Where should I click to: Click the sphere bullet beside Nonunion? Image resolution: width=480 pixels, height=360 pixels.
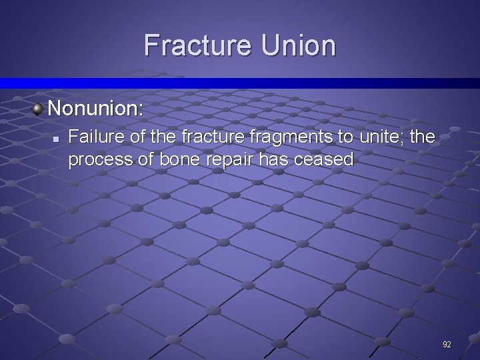[37, 107]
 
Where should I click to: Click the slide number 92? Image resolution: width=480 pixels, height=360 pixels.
[447, 345]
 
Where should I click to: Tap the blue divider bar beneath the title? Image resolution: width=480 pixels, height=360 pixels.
[240, 83]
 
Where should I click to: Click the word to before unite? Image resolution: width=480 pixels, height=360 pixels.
[346, 137]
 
